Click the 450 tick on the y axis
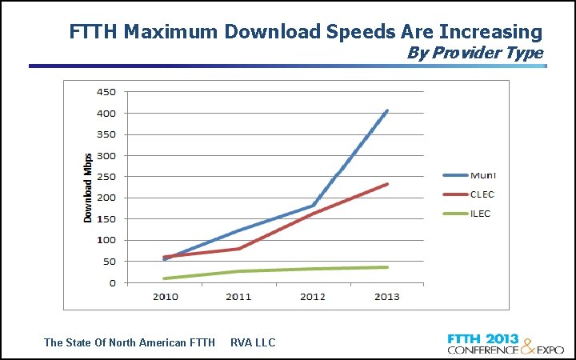106,92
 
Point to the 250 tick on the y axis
106,177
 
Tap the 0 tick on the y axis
112,282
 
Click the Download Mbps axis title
89,187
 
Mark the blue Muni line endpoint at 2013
388,110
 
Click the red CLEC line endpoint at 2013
388,184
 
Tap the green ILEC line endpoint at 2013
388,267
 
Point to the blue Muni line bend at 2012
314,206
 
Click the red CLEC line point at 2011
239,249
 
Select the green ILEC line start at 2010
165,278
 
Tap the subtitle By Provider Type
475,54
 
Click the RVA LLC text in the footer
253,342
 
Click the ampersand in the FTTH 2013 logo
529,345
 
